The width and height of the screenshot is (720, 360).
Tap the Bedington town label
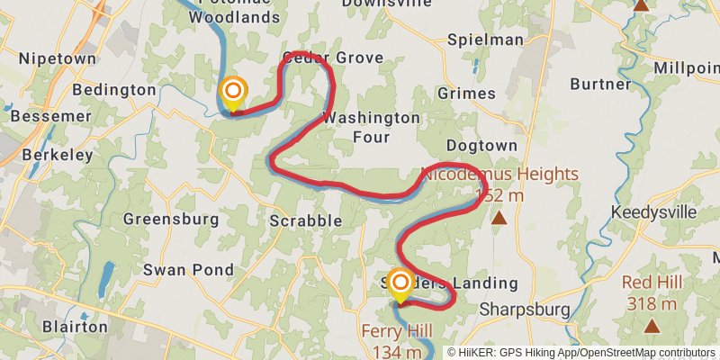click(x=113, y=90)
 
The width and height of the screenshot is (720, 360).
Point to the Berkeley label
click(x=46, y=155)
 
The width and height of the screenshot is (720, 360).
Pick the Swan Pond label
click(x=189, y=269)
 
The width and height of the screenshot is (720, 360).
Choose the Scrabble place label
click(x=306, y=220)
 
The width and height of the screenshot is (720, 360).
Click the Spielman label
click(x=485, y=40)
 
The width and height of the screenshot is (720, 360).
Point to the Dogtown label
click(x=482, y=145)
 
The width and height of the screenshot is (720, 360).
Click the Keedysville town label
click(x=653, y=212)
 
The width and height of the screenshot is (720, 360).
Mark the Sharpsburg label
click(x=526, y=310)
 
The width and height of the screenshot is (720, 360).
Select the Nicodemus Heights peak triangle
click(x=499, y=218)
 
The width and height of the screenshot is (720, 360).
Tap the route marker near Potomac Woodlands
click(x=233, y=91)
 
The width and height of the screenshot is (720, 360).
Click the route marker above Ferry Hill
click(x=399, y=285)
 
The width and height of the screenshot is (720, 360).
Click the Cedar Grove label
click(x=332, y=58)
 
